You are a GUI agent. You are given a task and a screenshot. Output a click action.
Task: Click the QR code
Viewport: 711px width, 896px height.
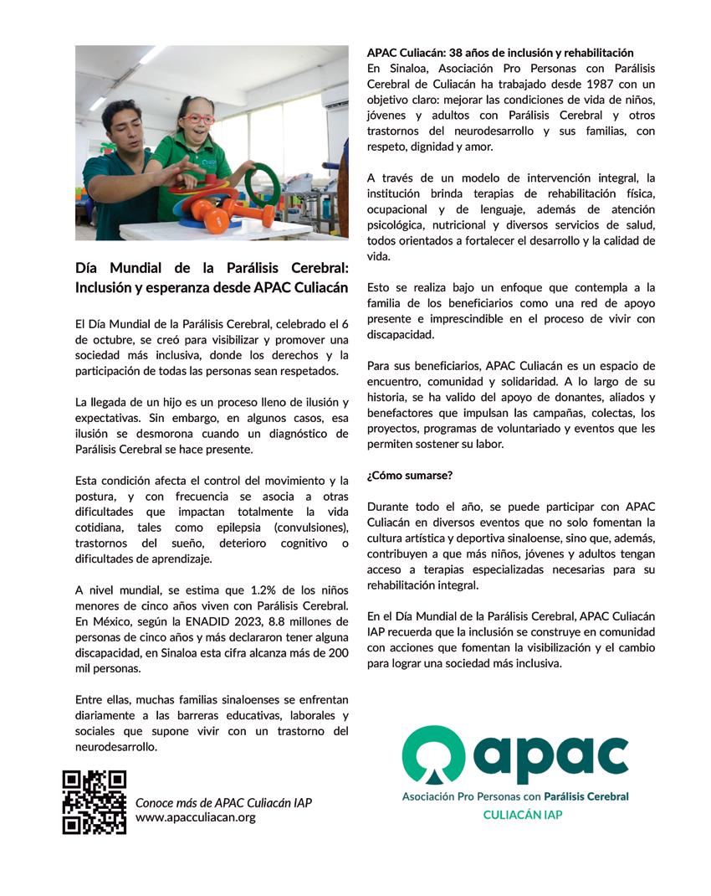(x=95, y=802)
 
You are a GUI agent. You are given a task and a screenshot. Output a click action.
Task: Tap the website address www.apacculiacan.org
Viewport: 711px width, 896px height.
(x=195, y=817)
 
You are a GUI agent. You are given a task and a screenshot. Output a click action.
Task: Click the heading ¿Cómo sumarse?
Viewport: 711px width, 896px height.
(x=410, y=476)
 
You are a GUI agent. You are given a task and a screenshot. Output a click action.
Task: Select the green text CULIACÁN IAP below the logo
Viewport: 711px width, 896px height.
(x=523, y=813)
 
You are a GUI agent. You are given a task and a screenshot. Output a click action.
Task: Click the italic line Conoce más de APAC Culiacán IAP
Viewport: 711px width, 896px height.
(x=223, y=802)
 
